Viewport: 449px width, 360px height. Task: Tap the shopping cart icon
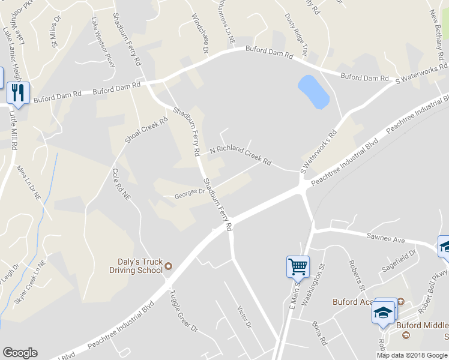tap(298, 265)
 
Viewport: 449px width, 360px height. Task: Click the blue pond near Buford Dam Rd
tap(313, 92)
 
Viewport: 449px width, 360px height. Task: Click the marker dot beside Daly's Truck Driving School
tap(169, 266)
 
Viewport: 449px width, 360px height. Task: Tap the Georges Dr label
tap(190, 194)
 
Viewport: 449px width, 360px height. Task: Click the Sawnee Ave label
tap(387, 238)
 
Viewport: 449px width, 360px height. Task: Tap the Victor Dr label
tap(244, 317)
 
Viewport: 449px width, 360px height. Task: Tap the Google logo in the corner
tap(20, 353)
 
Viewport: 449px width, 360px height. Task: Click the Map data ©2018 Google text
tap(412, 355)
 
